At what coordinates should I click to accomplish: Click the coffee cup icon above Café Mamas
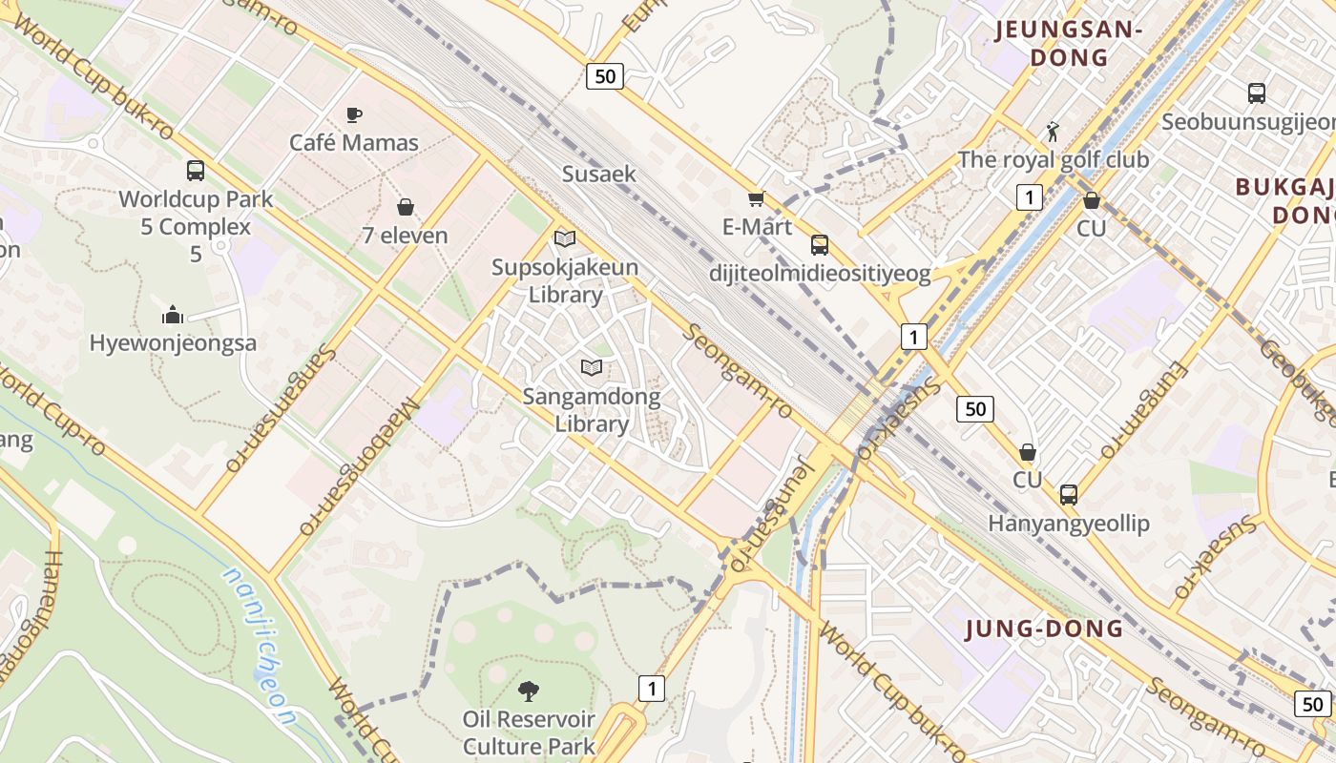pyautogui.click(x=354, y=114)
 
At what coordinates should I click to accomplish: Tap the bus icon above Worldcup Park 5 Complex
pyautogui.click(x=196, y=171)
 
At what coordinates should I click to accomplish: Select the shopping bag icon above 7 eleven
pyautogui.click(x=406, y=207)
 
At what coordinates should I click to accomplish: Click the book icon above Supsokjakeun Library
pyautogui.click(x=565, y=238)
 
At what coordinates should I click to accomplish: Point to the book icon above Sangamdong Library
pyautogui.click(x=592, y=367)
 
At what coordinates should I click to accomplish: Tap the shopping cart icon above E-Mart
pyautogui.click(x=757, y=198)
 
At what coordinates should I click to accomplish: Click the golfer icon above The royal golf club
pyautogui.click(x=1053, y=131)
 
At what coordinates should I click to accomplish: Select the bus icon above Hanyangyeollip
pyautogui.click(x=1069, y=495)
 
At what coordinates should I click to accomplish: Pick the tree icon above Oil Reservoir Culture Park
pyautogui.click(x=528, y=691)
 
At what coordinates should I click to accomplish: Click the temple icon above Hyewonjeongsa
pyautogui.click(x=173, y=314)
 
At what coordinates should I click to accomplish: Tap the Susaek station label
pyautogui.click(x=598, y=174)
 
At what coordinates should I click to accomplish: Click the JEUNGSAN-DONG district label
pyautogui.click(x=1069, y=44)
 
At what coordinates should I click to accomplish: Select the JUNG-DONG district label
pyautogui.click(x=1044, y=629)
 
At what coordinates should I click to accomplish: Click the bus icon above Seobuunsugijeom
pyautogui.click(x=1257, y=93)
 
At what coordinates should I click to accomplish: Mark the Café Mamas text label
pyautogui.click(x=354, y=143)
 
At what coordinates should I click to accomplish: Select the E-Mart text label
pyautogui.click(x=758, y=227)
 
